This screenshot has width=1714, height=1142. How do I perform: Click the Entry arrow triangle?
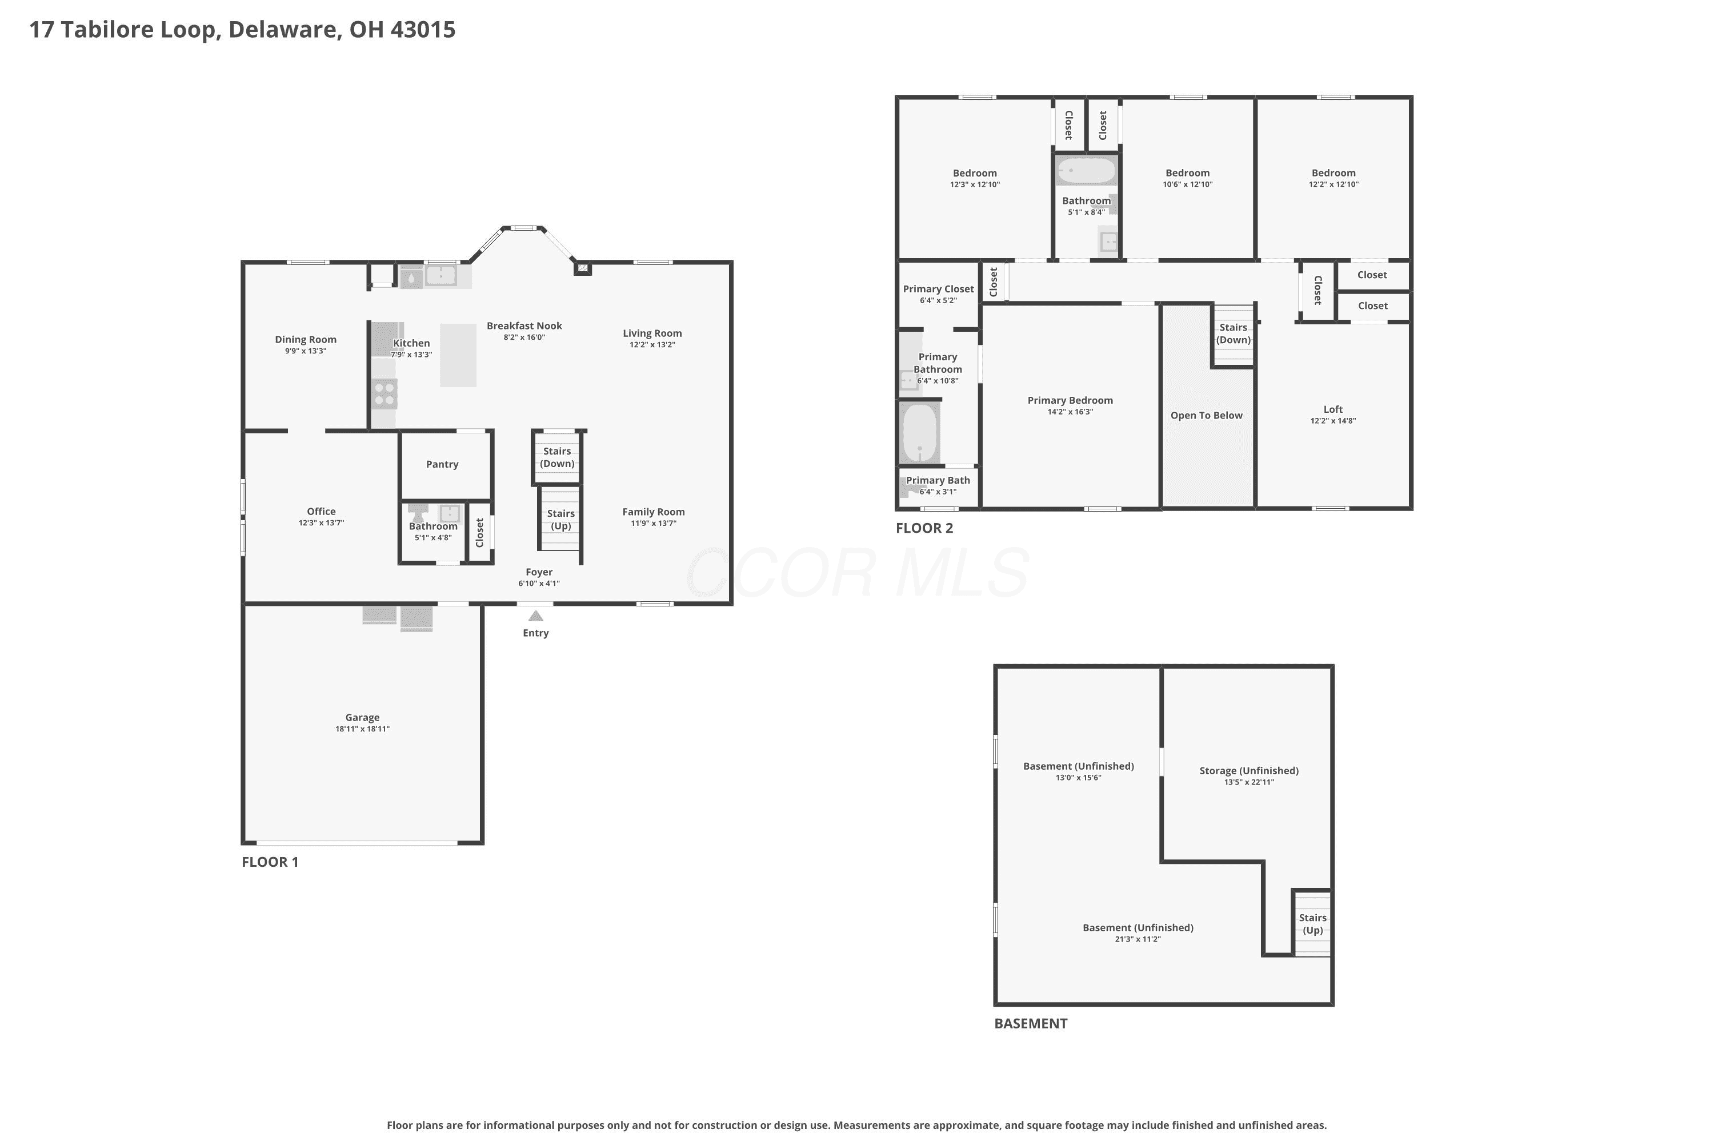coord(536,616)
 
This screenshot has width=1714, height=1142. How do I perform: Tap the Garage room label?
coord(362,717)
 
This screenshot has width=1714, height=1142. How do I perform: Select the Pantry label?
coord(442,465)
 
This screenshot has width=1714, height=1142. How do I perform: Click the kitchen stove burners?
coord(385,394)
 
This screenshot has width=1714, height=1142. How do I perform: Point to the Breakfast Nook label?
coord(524,325)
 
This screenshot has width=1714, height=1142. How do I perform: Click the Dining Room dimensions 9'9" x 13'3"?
coord(305,351)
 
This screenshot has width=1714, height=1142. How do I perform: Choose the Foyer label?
coord(539,573)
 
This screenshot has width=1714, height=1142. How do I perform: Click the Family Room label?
coord(654,512)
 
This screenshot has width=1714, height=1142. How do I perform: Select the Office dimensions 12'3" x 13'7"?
coord(321,523)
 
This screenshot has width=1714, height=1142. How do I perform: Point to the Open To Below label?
coord(1207,416)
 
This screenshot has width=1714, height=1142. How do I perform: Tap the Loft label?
coord(1333,409)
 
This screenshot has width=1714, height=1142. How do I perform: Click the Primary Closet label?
coord(939,289)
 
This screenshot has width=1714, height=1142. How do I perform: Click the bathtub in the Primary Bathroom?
coord(920,433)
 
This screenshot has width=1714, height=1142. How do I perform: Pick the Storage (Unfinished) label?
coord(1249,770)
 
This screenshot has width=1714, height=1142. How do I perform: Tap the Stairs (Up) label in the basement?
coord(1312,924)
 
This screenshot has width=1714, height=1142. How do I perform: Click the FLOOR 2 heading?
coord(924,528)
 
